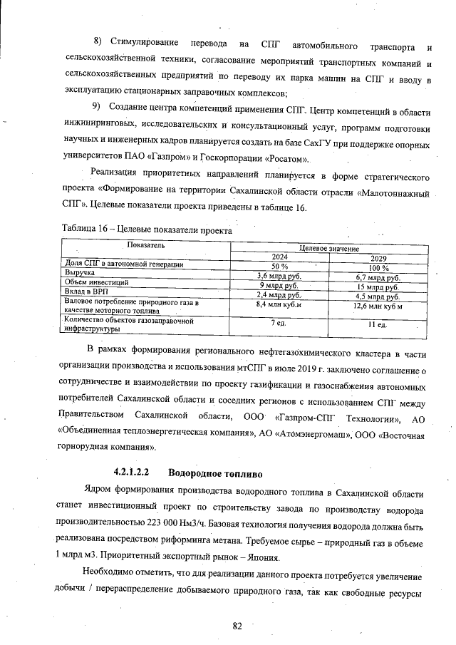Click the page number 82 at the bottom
pyautogui.click(x=237, y=626)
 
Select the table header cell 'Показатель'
pyautogui.click(x=146, y=245)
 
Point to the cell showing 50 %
pyautogui.click(x=279, y=265)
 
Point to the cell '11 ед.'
pyautogui.click(x=378, y=324)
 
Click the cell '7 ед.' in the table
pyautogui.click(x=279, y=323)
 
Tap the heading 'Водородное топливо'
pyautogui.click(x=216, y=473)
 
